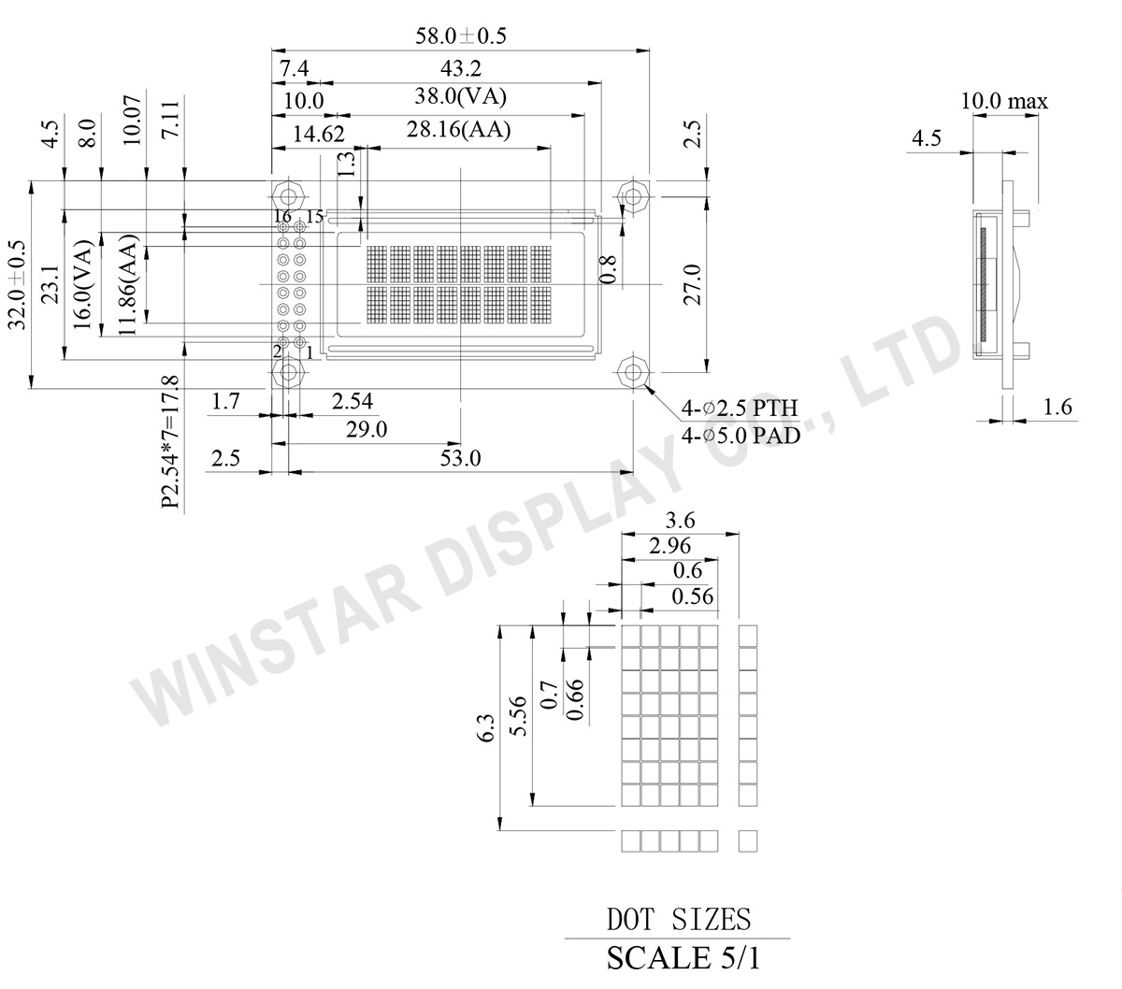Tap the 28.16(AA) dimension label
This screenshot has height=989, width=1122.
[x=458, y=131]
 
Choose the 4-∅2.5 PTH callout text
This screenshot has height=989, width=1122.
[x=740, y=409]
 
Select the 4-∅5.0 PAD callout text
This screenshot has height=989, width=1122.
[x=740, y=435]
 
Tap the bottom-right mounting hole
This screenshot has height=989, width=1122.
[x=634, y=372]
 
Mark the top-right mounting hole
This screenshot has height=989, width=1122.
[x=634, y=197]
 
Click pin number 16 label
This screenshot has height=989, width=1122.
[x=282, y=217]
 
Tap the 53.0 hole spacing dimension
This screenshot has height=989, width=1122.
[x=460, y=459]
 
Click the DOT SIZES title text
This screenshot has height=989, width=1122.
[x=678, y=920]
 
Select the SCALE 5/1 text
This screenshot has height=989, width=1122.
[x=678, y=958]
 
